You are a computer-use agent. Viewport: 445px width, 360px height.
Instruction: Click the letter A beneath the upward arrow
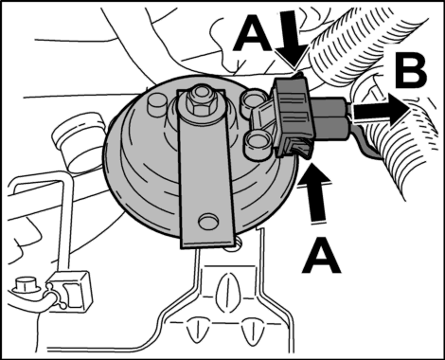coord(321,256)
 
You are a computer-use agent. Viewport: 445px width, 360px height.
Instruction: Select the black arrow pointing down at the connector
coord(292,40)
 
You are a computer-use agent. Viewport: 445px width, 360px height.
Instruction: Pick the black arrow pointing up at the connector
coord(316,192)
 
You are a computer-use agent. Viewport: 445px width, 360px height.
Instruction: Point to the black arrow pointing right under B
coord(381,111)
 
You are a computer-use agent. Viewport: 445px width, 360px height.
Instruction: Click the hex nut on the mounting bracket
coord(199,101)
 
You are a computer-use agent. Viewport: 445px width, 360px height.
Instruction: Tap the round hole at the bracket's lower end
coord(208,221)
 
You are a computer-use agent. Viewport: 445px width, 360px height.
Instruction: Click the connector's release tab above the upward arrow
coord(301,149)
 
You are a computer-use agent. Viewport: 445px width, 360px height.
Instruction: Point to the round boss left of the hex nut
coord(157,102)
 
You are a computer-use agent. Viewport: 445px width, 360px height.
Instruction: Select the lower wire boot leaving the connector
coord(332,127)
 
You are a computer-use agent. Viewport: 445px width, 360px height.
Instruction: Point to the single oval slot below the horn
coord(226,287)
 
